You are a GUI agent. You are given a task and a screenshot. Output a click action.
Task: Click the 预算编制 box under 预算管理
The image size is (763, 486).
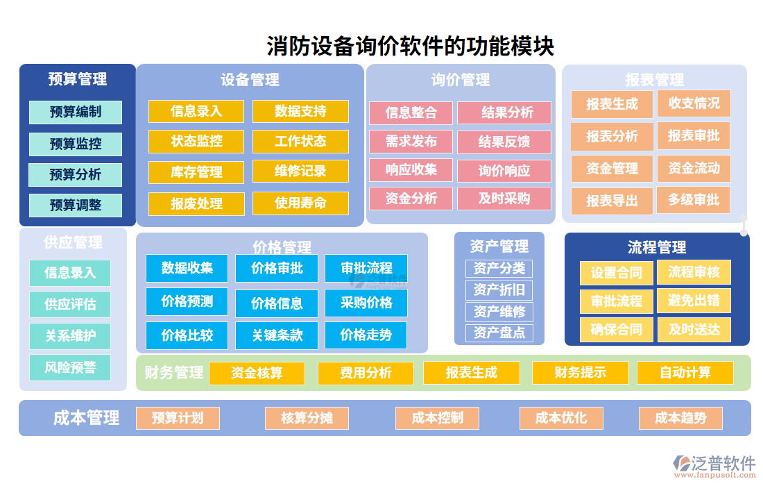[76, 112]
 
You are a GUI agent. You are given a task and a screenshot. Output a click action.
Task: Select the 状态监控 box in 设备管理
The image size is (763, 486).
[196, 141]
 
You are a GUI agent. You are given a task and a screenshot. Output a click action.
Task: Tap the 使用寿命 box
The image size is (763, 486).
[300, 203]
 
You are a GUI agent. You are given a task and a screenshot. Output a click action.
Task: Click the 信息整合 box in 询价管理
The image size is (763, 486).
[411, 112]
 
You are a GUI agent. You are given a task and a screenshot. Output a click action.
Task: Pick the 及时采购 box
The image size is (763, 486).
[504, 199]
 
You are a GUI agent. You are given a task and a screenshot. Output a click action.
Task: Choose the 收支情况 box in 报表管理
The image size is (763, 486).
[694, 103]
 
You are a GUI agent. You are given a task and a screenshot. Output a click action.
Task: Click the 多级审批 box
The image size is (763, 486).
[694, 201]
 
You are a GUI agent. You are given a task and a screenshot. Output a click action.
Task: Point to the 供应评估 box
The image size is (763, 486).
[70, 304]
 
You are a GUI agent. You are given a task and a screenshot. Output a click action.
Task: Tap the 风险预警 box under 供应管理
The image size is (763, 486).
[70, 367]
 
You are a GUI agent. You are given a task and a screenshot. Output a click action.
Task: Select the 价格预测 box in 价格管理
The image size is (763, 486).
[187, 302]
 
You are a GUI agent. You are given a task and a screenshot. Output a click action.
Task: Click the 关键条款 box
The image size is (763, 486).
[277, 335]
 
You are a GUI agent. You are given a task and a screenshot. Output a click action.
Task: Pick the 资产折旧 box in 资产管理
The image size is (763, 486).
[499, 290]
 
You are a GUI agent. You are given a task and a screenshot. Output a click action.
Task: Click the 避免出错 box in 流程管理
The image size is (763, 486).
[694, 301]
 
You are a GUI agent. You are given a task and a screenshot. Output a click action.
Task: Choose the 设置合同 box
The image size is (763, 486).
[616, 273]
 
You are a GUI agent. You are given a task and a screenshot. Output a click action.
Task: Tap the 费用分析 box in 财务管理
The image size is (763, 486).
[366, 373]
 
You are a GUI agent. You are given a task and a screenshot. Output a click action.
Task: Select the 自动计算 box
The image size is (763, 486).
[685, 373]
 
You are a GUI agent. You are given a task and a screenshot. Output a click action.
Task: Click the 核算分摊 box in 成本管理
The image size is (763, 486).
[307, 418]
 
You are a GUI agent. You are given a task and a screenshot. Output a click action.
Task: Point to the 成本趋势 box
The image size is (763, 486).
[680, 418]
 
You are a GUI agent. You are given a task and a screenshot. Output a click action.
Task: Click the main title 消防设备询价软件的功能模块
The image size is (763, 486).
[411, 47]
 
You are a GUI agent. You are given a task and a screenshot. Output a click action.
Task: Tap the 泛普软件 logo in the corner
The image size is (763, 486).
[714, 464]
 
